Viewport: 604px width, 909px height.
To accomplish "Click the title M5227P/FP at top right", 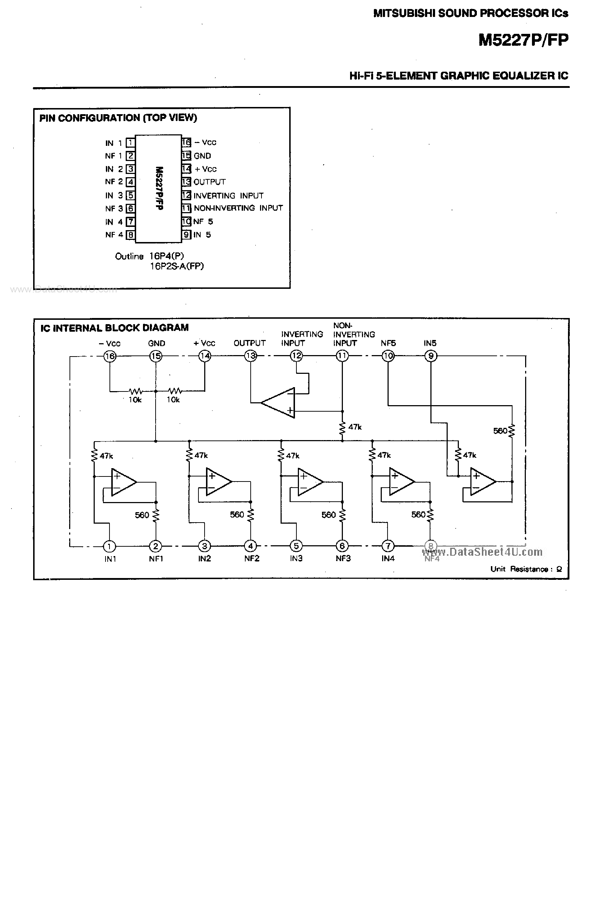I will pos(523,40).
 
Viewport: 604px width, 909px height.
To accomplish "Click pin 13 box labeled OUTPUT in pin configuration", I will pos(187,182).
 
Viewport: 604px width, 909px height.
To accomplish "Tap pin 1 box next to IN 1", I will pos(131,143).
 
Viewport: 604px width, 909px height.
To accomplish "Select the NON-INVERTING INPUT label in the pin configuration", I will pos(238,208).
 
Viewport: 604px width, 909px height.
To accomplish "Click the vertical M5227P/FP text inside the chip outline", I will pos(159,188).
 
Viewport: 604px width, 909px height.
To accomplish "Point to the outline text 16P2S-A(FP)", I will pos(177,266).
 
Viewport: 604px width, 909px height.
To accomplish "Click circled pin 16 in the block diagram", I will pos(110,356).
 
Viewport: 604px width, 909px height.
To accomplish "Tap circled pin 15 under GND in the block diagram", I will pos(156,356).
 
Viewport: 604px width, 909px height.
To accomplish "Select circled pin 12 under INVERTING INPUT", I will pos(296,356).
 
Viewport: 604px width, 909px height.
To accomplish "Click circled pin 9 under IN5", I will pos(431,356).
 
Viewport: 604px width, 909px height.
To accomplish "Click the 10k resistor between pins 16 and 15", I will pos(135,391).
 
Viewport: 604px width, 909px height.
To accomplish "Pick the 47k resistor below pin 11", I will pos(342,427).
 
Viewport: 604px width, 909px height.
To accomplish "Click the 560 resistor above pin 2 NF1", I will pos(156,515).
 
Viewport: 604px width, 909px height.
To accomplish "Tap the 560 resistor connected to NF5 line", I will pos(512,431).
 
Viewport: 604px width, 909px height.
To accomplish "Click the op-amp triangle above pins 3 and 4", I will pos(217,482).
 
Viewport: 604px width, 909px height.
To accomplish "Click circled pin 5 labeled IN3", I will pos(296,546).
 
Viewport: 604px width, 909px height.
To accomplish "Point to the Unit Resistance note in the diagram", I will pos(526,569).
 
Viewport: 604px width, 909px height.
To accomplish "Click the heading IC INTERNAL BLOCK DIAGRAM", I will pos(115,328).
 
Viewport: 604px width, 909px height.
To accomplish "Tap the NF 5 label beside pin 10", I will pos(203,221).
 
